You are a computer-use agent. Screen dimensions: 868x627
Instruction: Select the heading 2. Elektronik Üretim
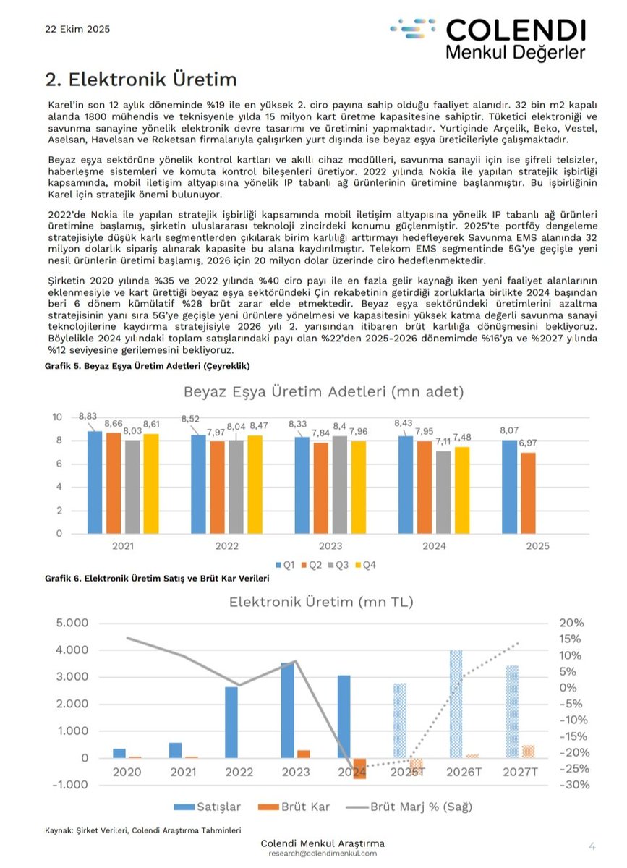click(x=141, y=77)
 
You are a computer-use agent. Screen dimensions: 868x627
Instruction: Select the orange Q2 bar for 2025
click(x=529, y=494)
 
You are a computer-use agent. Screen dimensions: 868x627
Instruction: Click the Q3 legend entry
click(x=339, y=565)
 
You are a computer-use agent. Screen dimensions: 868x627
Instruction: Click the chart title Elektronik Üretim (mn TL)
click(x=321, y=601)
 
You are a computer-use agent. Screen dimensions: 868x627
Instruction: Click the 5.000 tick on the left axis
click(x=72, y=623)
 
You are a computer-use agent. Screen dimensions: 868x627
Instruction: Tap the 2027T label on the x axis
click(x=520, y=772)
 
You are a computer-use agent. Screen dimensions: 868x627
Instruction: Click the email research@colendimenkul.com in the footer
click(x=322, y=854)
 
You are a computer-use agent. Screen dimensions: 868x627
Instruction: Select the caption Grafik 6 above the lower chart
click(x=157, y=579)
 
